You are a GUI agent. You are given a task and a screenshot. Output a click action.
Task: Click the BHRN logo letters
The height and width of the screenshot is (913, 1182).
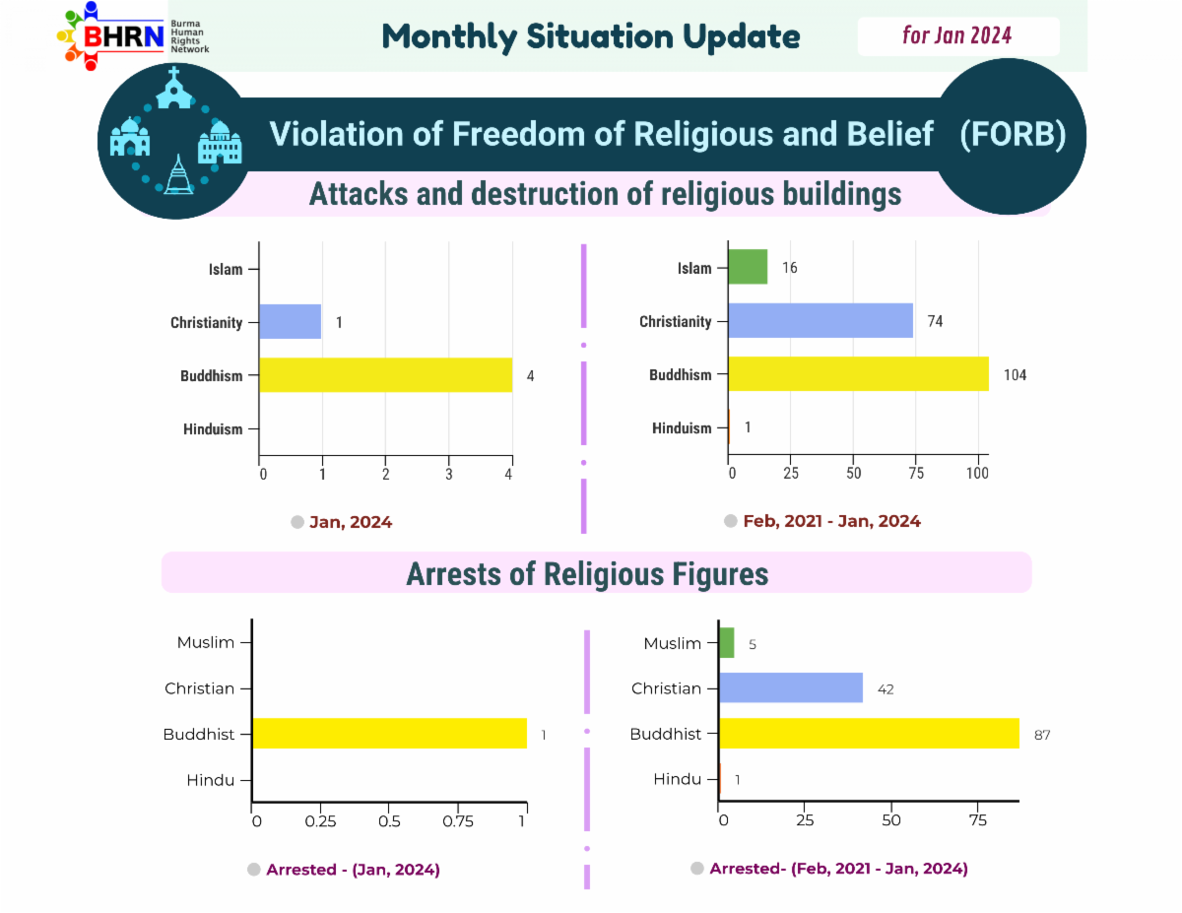tap(123, 37)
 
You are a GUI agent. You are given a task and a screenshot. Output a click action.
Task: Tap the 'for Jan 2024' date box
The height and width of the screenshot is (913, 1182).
tap(957, 35)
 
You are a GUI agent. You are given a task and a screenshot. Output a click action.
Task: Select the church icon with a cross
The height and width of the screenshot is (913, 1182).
tap(174, 88)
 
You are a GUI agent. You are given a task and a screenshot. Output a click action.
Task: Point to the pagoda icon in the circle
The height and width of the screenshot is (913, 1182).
tap(178, 174)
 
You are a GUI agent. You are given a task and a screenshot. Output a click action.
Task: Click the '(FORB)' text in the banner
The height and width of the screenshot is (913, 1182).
tap(1013, 134)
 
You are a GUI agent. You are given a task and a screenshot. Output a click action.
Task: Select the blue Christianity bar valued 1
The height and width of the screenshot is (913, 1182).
tap(290, 321)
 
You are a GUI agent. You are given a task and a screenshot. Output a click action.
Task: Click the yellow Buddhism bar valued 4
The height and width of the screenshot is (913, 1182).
tap(386, 374)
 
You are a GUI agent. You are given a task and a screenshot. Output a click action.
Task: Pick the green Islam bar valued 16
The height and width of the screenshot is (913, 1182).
tap(748, 267)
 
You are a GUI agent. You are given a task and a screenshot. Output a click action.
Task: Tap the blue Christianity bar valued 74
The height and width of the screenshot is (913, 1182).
tap(821, 320)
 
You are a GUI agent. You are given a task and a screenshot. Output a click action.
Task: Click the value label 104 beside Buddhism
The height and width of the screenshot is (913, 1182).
tap(1015, 374)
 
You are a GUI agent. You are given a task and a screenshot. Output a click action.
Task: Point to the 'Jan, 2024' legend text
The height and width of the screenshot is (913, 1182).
tap(351, 522)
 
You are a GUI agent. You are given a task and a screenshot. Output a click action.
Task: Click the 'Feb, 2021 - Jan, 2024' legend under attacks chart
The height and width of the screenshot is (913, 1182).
tap(831, 521)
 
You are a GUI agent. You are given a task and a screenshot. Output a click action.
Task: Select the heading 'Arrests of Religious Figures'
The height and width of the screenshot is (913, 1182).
tap(587, 573)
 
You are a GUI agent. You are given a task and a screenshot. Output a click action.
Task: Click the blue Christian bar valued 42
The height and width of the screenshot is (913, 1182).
tap(791, 687)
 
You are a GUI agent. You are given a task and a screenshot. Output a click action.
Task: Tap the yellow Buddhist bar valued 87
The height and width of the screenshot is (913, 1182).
tap(869, 733)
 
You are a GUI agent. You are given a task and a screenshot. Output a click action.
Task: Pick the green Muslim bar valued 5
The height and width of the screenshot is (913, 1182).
tap(727, 643)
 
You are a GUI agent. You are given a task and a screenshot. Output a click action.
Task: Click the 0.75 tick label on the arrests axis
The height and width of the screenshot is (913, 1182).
tap(457, 821)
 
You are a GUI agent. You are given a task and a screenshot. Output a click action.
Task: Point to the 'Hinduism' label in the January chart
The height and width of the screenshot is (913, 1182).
tap(213, 429)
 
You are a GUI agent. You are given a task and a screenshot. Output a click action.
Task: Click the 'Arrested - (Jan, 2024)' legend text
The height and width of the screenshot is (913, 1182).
tap(353, 870)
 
